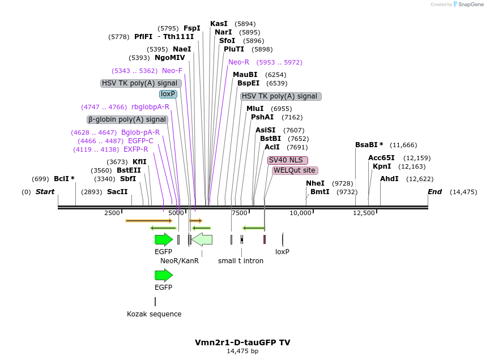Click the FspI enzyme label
[x=191, y=28]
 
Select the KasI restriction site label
[x=219, y=24]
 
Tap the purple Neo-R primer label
[x=238, y=62]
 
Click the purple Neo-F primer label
[x=172, y=71]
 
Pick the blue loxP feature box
[x=168, y=94]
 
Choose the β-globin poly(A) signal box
[x=127, y=119]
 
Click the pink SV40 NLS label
[x=287, y=160]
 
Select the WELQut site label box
[x=295, y=170]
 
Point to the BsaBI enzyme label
[x=369, y=145]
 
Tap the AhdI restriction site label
[x=389, y=179]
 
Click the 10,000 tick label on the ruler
[x=301, y=213]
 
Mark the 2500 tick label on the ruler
[x=112, y=213]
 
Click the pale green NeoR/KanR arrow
[x=202, y=239]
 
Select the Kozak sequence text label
[x=154, y=314]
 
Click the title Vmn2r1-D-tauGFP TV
[x=242, y=342]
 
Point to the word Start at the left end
[x=45, y=192]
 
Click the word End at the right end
[x=434, y=192]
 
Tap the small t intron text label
[x=241, y=261]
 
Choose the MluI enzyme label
[x=255, y=109]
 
